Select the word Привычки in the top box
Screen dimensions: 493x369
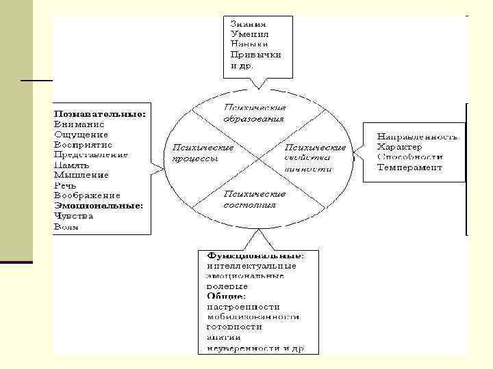[x=255, y=55]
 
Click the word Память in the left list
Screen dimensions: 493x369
[x=72, y=165]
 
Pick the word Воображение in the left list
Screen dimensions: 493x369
[x=87, y=195]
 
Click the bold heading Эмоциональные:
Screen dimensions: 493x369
[x=99, y=206]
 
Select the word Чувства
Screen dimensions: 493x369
[x=73, y=216]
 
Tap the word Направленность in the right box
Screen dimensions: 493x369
[x=417, y=137]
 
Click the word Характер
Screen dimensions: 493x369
[x=399, y=146]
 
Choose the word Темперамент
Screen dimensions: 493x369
[x=409, y=167]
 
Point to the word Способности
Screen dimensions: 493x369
[x=409, y=156]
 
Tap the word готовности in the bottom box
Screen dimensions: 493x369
[x=234, y=327]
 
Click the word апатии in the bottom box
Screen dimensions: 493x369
[x=222, y=338]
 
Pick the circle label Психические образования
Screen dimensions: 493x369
[x=255, y=113]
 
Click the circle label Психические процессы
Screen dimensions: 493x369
[x=203, y=152]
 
